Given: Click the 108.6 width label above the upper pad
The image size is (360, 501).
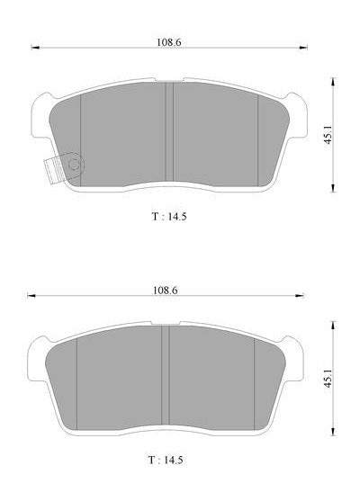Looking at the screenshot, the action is click(168, 42).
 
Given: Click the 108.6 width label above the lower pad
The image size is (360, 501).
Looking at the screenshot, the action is click(165, 291).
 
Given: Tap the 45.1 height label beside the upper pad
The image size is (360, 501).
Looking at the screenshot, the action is click(328, 135).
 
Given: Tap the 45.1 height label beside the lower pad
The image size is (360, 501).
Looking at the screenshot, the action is click(328, 379).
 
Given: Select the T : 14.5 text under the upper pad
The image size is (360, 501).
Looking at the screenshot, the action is click(169, 217).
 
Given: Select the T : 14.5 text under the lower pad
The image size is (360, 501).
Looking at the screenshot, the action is click(166, 461).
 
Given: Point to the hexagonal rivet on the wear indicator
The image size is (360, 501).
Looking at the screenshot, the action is click(76, 164).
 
